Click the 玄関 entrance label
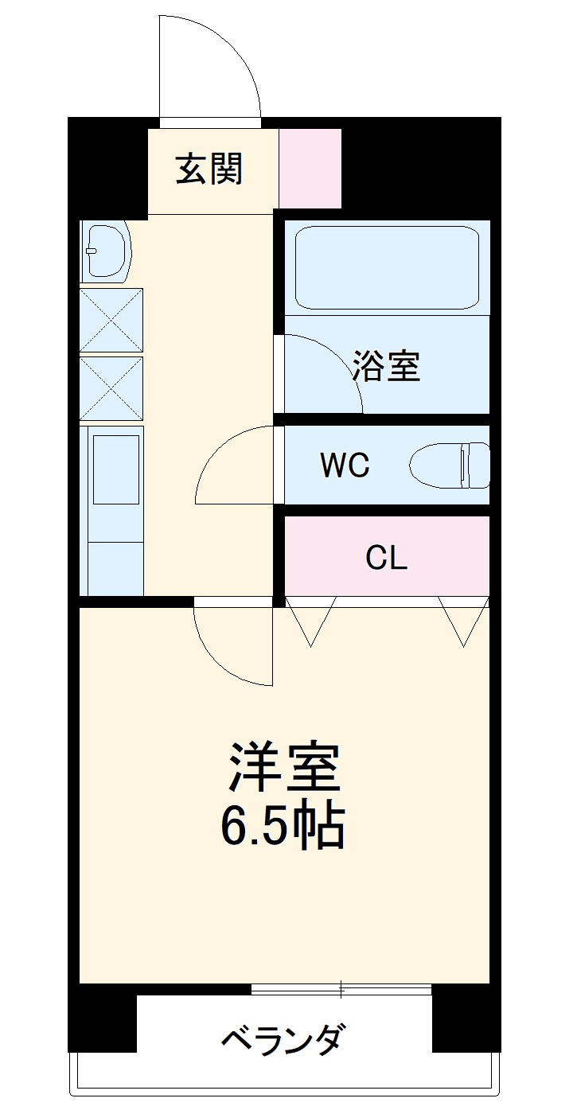pyautogui.click(x=209, y=169)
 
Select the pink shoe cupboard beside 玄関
pyautogui.click(x=310, y=168)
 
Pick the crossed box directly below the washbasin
pyautogui.click(x=111, y=320)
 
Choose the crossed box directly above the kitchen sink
pyautogui.click(x=111, y=389)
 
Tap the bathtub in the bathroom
pyautogui.click(x=387, y=266)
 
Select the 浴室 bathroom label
pyautogui.click(x=387, y=366)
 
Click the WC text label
pyautogui.click(x=344, y=465)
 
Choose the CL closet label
pyautogui.click(x=387, y=558)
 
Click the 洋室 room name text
pyautogui.click(x=285, y=766)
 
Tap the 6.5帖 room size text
pyautogui.click(x=282, y=828)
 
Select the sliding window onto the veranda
pyautogui.click(x=341, y=990)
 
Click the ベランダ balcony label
pyautogui.click(x=283, y=1039)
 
